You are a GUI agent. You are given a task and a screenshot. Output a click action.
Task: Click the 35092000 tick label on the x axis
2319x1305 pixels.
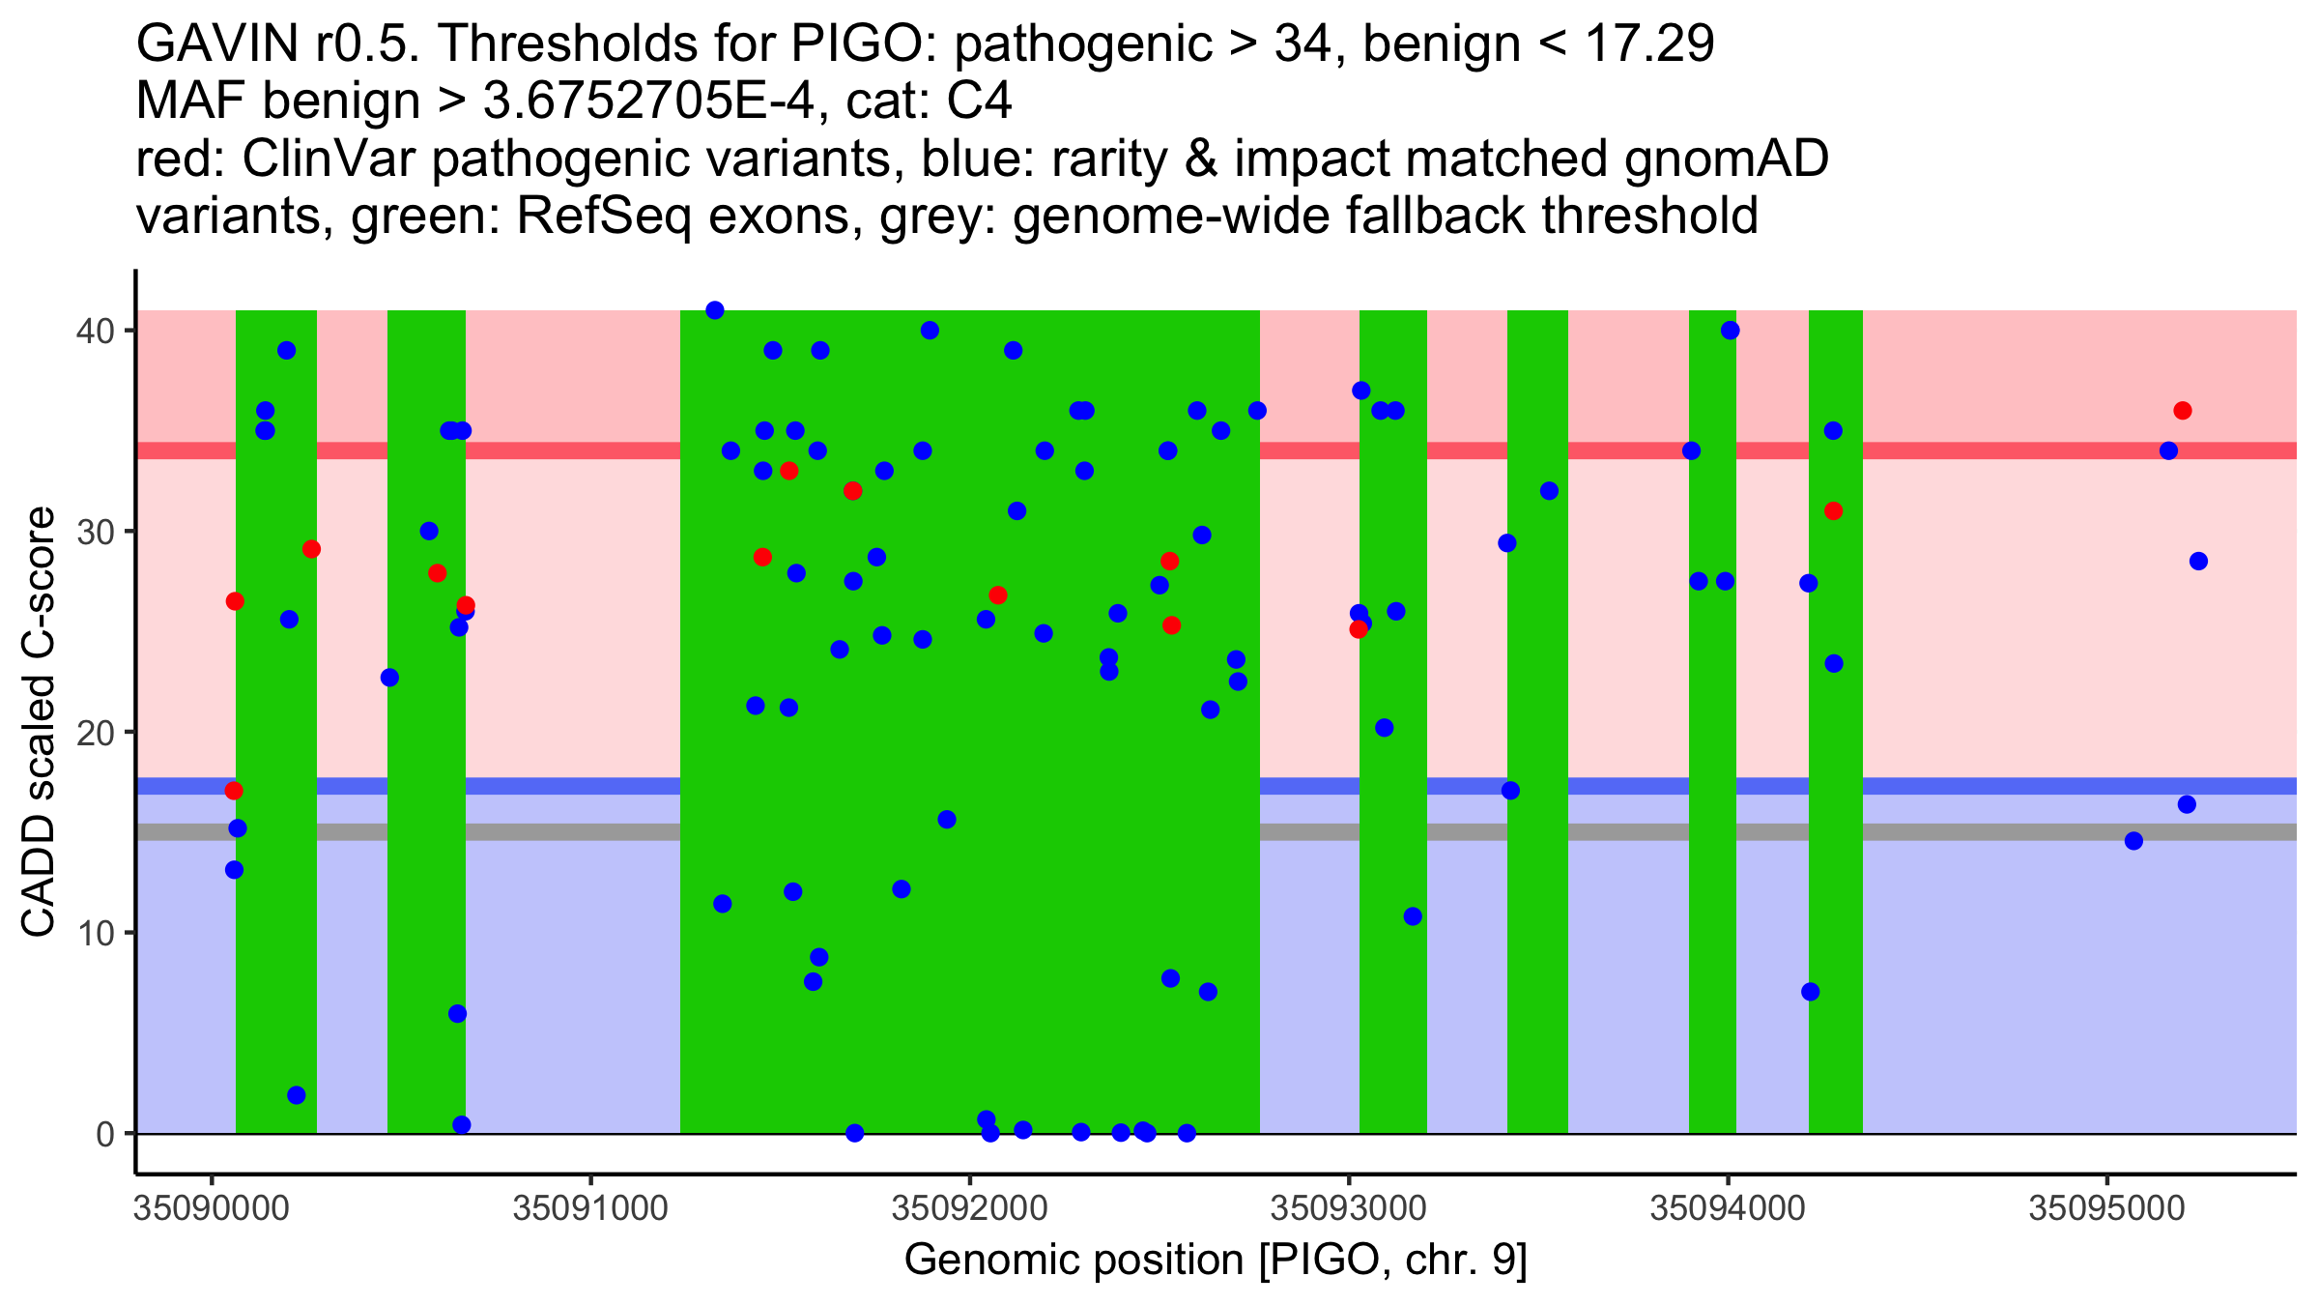pyautogui.click(x=969, y=1209)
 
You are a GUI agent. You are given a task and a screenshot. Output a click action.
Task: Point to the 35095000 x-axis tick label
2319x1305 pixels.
pyautogui.click(x=2106, y=1209)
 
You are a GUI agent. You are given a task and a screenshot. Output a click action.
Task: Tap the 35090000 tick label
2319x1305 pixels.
pyautogui.click(x=211, y=1209)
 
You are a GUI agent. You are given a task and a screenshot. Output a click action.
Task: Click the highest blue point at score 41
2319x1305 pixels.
pyautogui.click(x=715, y=310)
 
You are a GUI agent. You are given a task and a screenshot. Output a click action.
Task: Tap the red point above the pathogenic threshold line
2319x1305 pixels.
pyautogui.click(x=2183, y=411)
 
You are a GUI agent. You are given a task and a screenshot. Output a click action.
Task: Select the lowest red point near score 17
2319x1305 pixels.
pyautogui.click(x=234, y=791)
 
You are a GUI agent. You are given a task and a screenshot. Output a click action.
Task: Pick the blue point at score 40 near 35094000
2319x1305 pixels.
pyautogui.click(x=1730, y=331)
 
